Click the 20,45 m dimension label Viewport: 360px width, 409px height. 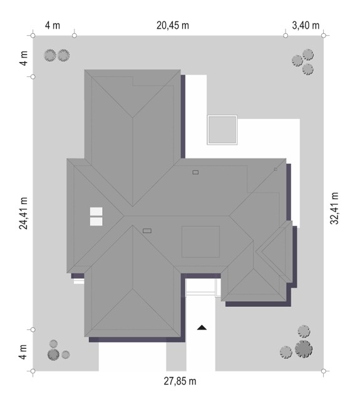pos(173,25)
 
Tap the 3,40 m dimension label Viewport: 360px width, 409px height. pos(306,25)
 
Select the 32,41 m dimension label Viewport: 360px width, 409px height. pos(334,208)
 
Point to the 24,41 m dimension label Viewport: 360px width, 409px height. pos(23,214)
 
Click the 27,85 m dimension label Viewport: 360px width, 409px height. pos(180,381)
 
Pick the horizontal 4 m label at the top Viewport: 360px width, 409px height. pos(53,25)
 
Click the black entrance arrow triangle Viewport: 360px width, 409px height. pos(202,328)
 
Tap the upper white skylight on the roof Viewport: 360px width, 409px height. pos(96,212)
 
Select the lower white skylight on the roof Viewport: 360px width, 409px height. pos(96,222)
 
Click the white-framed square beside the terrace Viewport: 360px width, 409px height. pos(222,130)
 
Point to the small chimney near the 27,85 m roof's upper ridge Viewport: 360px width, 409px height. pos(195,172)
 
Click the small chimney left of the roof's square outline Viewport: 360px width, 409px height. pos(147,231)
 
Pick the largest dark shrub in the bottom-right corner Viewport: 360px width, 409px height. pos(304,349)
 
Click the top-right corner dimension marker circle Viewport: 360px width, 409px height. pos(324,35)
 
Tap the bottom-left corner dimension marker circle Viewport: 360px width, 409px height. pos(33,371)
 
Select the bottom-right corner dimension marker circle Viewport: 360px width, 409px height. pos(324,371)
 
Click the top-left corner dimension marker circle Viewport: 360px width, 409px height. pos(33,35)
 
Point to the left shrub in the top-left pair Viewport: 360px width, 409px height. pos(50,55)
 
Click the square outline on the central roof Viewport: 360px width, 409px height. pos(200,242)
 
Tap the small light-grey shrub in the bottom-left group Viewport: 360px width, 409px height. pos(66,355)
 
